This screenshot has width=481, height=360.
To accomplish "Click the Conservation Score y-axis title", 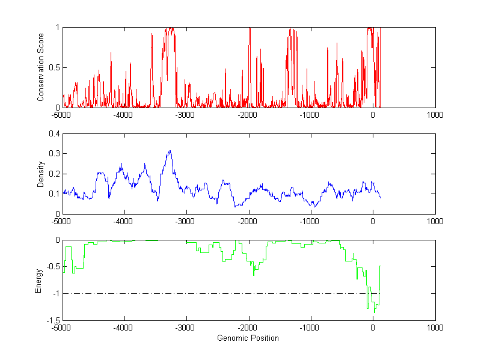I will [40, 67].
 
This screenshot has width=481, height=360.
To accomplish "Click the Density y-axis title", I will [40, 174].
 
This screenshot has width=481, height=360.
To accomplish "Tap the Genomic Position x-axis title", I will [248, 338].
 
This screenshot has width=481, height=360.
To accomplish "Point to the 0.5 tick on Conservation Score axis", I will [55, 67].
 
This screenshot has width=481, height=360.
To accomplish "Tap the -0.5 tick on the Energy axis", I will [53, 267].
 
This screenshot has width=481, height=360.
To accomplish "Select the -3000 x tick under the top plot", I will [186, 114].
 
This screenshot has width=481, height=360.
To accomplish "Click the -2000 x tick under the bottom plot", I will [248, 328].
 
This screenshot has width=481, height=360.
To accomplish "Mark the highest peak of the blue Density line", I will [170, 151].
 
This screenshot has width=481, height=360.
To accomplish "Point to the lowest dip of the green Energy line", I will [374, 313].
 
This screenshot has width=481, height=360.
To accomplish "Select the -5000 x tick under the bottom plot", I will [62, 328].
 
